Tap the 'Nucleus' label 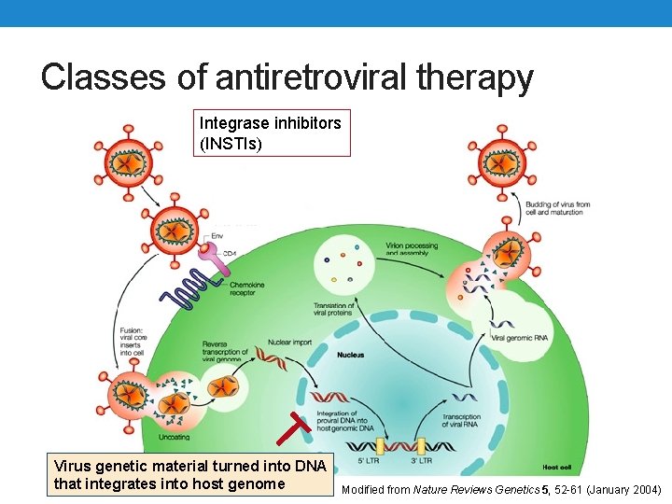(351, 355)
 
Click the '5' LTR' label (370, 460)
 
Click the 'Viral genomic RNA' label (518, 337)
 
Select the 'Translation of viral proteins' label (335, 311)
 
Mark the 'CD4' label (229, 252)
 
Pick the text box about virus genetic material (190, 474)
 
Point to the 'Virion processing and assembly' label (411, 249)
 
